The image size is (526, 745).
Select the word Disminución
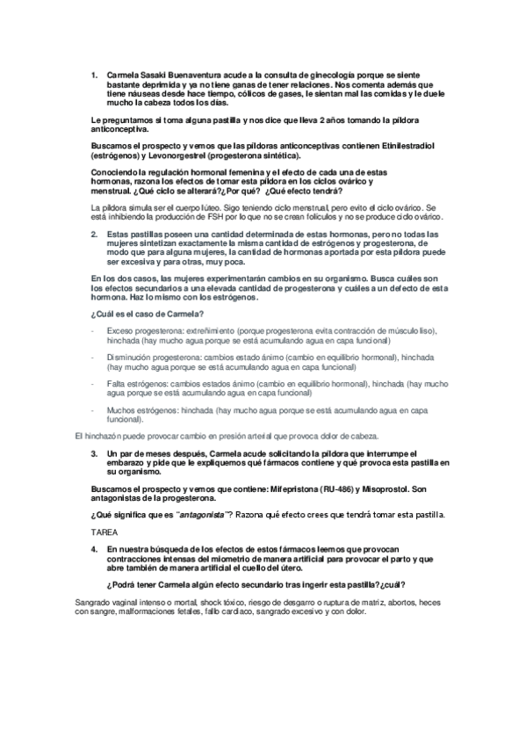click(x=129, y=358)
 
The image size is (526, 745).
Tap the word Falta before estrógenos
click(x=117, y=384)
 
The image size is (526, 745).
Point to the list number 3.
click(x=94, y=454)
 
